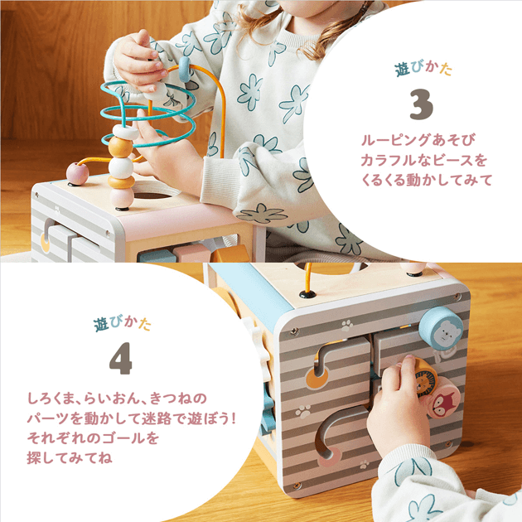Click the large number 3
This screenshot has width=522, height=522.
coord(422,104)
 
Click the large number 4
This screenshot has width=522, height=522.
coord(121,358)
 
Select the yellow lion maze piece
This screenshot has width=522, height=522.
coord(425,379)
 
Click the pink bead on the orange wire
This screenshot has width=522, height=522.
coord(77,173)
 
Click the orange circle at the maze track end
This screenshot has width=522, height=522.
coord(316,379)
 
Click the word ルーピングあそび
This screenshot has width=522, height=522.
coord(418,140)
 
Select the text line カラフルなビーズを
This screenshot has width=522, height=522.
coord(423,160)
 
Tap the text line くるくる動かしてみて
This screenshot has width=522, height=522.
coord(427,180)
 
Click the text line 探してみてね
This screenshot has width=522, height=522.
coord(70,458)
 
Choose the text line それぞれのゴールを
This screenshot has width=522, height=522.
coord(93,438)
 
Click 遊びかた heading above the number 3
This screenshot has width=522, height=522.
coord(423,70)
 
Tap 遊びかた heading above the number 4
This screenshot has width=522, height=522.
coord(122,323)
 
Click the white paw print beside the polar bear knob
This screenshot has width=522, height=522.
coord(347,325)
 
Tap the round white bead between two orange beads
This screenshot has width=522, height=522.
coord(120,167)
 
